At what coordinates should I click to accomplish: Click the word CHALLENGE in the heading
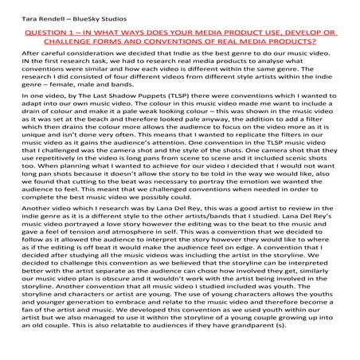click(x=80, y=43)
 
